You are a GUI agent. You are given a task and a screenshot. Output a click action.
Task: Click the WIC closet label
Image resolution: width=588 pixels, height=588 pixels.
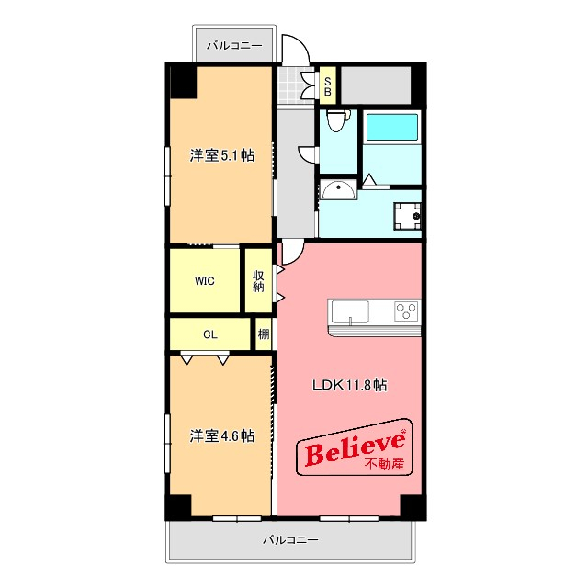pyautogui.click(x=204, y=280)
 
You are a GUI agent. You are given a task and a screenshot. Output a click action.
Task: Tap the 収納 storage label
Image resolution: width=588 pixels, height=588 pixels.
pyautogui.click(x=258, y=281)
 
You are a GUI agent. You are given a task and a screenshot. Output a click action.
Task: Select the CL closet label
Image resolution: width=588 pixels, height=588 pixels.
pyautogui.click(x=210, y=334)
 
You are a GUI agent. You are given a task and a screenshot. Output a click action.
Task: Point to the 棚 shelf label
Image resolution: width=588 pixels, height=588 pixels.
pyautogui.click(x=264, y=334)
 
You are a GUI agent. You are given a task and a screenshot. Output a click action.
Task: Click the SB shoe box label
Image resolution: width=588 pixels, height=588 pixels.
pyautogui.click(x=327, y=86)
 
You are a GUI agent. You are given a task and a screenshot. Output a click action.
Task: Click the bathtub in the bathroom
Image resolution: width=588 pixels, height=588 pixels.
pyautogui.click(x=392, y=128)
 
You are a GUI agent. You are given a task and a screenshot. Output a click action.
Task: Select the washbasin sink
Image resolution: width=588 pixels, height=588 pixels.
pyautogui.click(x=339, y=189)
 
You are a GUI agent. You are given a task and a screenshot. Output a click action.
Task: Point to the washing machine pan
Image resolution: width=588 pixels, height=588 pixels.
pyautogui.click(x=407, y=216)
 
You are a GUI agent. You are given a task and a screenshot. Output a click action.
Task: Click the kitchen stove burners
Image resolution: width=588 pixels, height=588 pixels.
pyautogui.click(x=406, y=311)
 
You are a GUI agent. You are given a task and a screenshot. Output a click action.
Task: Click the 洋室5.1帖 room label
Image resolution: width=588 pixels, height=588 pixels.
pyautogui.click(x=222, y=155)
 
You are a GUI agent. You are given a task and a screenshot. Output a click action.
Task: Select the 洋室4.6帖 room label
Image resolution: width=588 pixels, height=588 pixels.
pyautogui.click(x=222, y=435)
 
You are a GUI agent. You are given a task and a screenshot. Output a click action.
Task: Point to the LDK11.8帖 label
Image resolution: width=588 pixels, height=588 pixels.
pyautogui.click(x=349, y=385)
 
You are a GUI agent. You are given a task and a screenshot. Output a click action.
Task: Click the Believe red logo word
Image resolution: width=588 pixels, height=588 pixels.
pyautogui.click(x=355, y=448)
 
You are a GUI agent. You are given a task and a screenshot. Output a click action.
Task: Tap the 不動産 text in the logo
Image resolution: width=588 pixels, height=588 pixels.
pyautogui.click(x=385, y=465)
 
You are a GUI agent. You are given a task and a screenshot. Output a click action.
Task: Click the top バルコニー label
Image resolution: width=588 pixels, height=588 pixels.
pyautogui.click(x=235, y=46)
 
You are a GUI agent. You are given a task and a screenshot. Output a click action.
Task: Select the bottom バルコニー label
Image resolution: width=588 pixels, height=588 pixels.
pyautogui.click(x=290, y=540)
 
